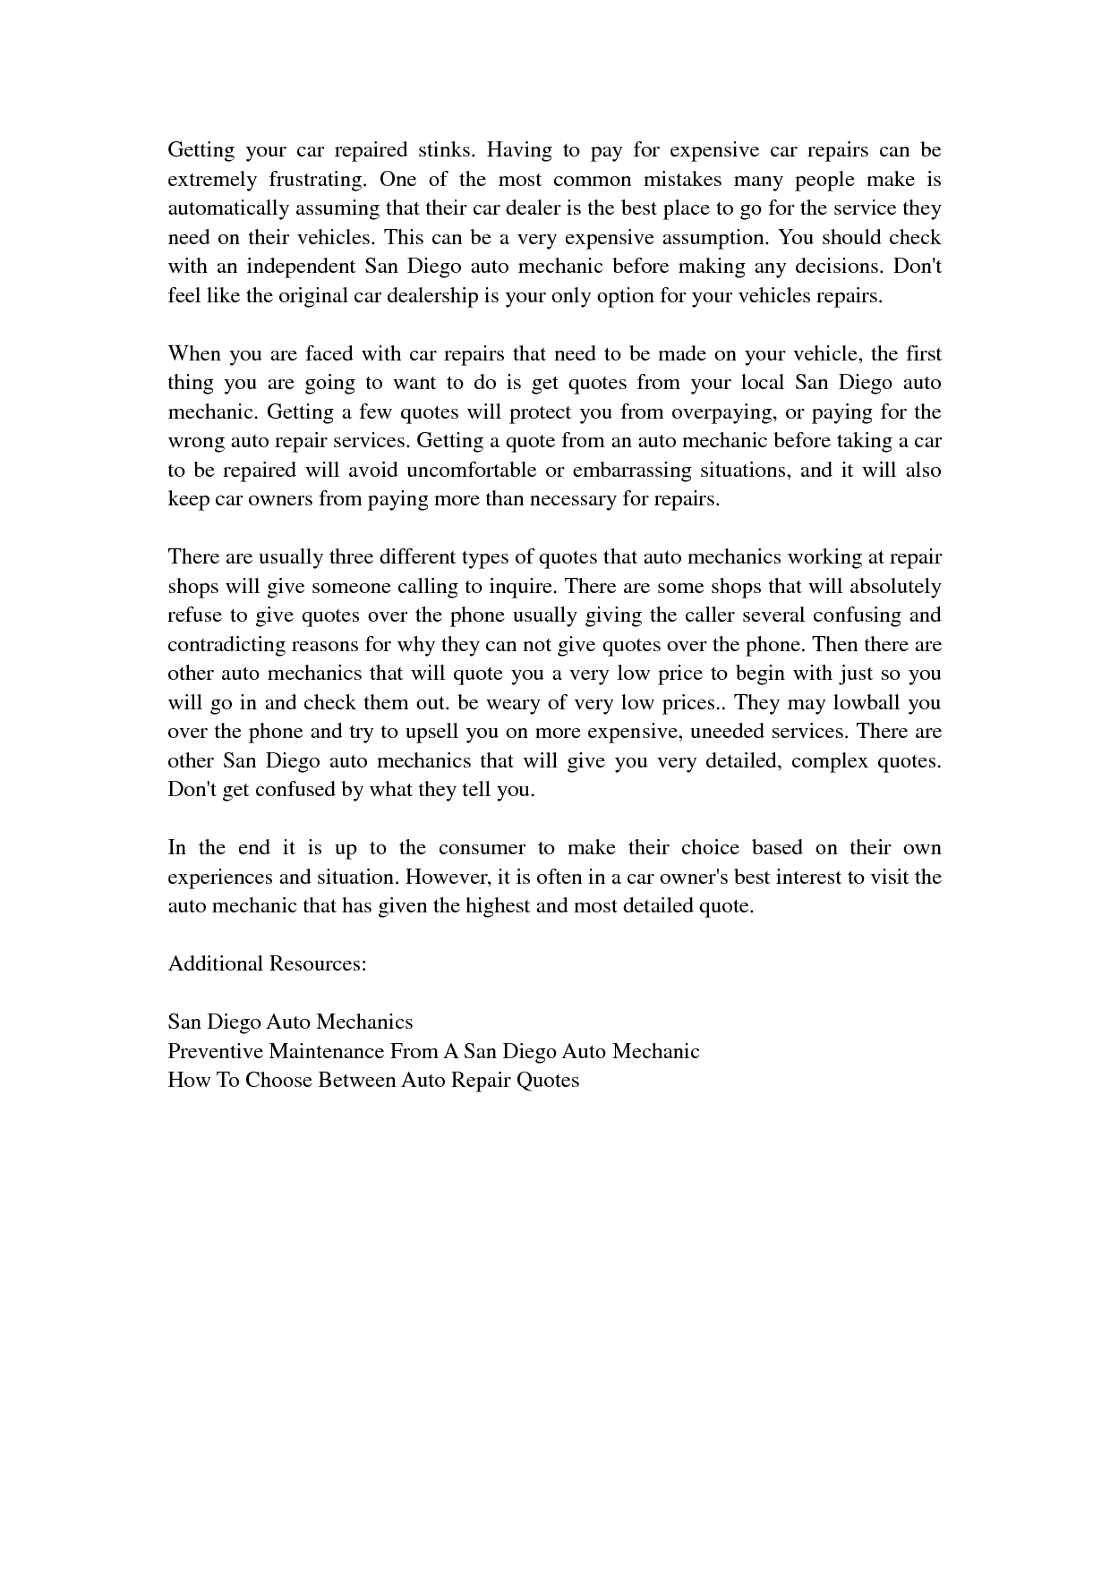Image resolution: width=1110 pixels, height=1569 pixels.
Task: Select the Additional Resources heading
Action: tap(267, 964)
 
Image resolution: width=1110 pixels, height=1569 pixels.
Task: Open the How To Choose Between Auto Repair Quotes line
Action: tap(373, 1081)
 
